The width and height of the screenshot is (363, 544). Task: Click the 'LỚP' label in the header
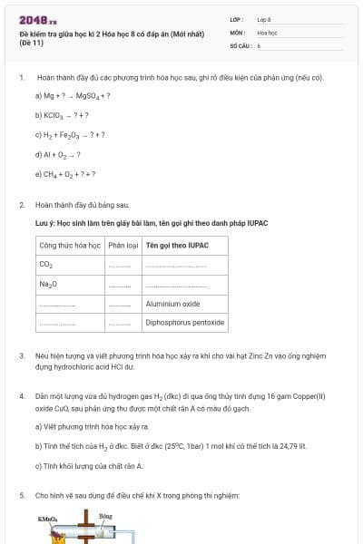click(235, 19)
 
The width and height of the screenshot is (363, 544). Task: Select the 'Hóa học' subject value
click(267, 32)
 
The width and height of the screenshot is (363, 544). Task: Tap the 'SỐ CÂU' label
click(240, 44)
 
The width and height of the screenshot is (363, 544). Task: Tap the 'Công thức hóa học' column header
click(69, 245)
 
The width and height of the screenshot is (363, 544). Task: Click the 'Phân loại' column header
click(123, 245)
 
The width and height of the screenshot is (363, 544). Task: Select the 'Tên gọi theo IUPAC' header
click(177, 245)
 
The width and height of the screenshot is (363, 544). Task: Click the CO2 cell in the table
click(46, 265)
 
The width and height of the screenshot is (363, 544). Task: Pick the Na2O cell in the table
click(48, 285)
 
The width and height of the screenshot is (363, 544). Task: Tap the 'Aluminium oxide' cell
click(172, 304)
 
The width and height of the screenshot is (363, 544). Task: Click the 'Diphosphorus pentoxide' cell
click(184, 322)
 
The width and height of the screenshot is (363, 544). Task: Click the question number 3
click(22, 355)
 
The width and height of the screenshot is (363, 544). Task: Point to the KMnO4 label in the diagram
click(47, 519)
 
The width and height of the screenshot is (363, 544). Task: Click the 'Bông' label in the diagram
click(104, 515)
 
